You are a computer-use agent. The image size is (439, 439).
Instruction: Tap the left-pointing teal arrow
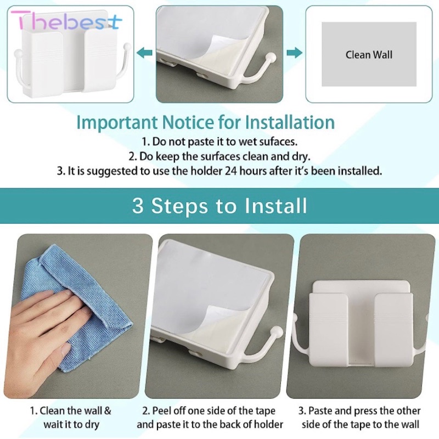(x=145, y=53)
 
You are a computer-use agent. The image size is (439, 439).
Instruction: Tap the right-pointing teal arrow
(x=294, y=53)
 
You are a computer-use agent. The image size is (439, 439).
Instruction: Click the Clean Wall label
(x=369, y=54)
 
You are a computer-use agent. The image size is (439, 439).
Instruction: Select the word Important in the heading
(x=116, y=122)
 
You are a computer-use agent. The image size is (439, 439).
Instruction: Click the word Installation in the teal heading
(x=290, y=122)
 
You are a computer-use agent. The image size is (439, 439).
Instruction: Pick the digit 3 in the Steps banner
(x=138, y=206)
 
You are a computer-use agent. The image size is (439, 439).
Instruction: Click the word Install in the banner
(x=276, y=206)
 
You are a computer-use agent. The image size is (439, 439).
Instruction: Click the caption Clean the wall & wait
(x=71, y=418)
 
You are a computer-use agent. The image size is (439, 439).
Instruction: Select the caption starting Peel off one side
(x=210, y=418)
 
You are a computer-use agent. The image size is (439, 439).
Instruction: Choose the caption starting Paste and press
(x=361, y=418)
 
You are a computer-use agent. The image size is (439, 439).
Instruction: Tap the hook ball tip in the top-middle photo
(x=271, y=58)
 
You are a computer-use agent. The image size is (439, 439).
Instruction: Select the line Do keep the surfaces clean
(x=219, y=156)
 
